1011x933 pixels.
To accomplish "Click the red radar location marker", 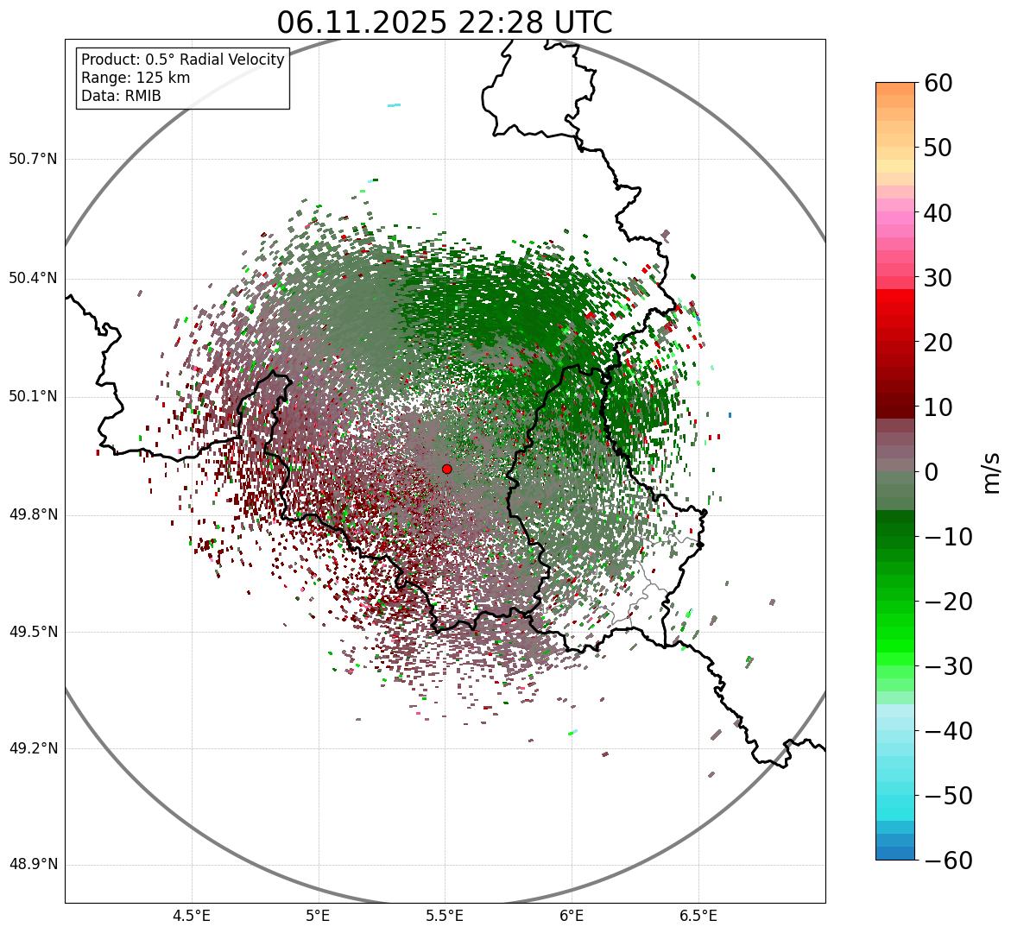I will [x=446, y=469].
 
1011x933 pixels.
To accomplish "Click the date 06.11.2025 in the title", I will [x=362, y=22].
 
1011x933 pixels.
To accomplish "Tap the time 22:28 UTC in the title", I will [x=535, y=22].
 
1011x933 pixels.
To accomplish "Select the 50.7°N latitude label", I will [x=33, y=160].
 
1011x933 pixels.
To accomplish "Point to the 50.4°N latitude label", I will [x=33, y=279].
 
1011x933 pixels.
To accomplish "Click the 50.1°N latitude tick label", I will [x=33, y=397].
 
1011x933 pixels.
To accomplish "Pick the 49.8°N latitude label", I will [x=33, y=515].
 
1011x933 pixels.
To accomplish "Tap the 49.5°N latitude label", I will [x=33, y=633].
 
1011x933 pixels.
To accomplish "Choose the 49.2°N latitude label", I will [x=33, y=748].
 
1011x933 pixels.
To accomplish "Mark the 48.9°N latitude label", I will [x=33, y=865].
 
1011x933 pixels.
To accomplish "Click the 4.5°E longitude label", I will [x=192, y=916].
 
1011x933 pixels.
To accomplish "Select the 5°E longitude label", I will [x=319, y=916].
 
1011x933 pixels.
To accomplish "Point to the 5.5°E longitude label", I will [x=445, y=916].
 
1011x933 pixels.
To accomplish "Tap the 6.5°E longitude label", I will [x=698, y=916].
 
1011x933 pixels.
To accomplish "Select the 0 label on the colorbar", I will [x=932, y=472].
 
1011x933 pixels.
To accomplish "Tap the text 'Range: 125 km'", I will [x=136, y=78].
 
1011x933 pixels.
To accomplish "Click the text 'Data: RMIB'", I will [x=121, y=96].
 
